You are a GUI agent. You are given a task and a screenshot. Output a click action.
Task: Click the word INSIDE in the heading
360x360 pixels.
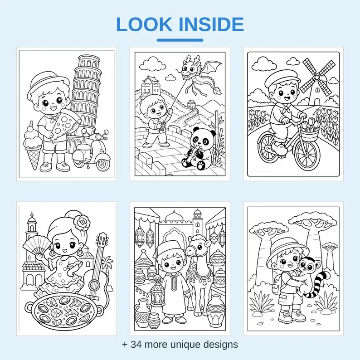coord(211,24)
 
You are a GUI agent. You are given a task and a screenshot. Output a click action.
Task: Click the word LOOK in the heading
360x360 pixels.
coord(144,24)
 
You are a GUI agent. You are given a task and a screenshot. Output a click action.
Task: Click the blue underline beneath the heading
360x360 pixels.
coord(180,40)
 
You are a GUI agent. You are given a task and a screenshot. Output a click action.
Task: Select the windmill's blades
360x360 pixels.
coord(317,78)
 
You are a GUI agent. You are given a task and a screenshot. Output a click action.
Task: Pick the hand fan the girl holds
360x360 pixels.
coord(37,246)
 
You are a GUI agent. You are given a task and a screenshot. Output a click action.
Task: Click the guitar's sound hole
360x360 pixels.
coord(95,285)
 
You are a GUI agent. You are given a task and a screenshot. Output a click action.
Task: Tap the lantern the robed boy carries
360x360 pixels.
coord(158,293)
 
